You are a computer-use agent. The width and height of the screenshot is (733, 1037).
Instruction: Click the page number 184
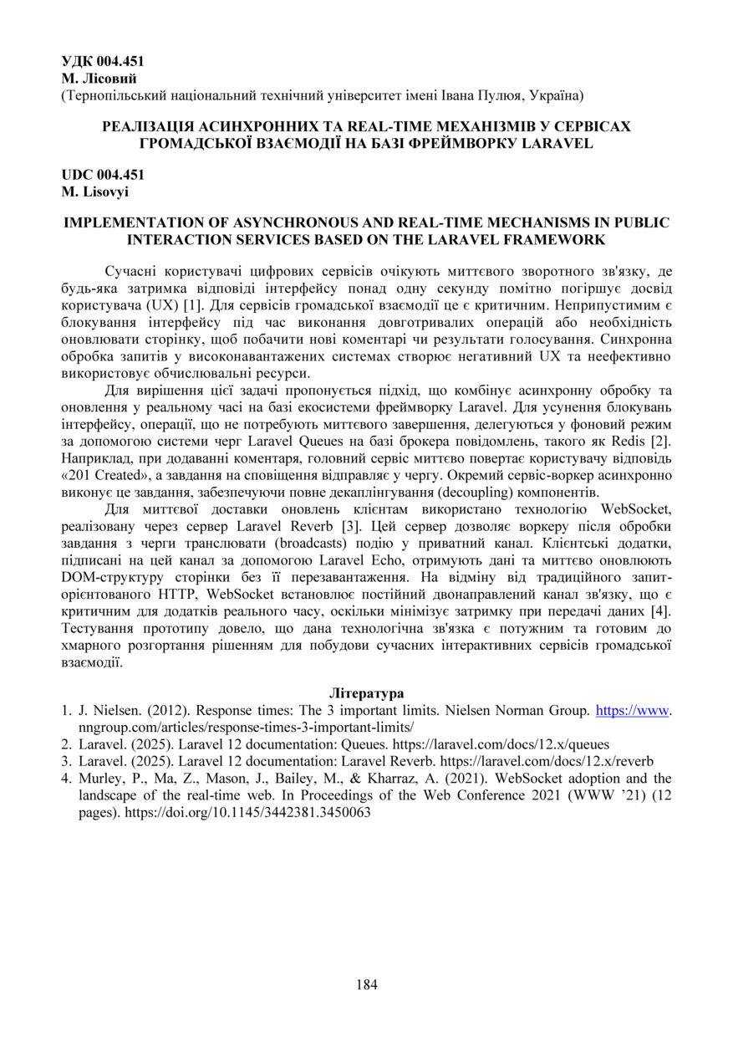pos(366,984)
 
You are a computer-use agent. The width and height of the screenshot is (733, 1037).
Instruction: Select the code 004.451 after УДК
pos(121,61)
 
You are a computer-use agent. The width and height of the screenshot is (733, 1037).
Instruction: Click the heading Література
pos(366,693)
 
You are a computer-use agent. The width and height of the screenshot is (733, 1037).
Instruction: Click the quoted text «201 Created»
pos(108,476)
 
